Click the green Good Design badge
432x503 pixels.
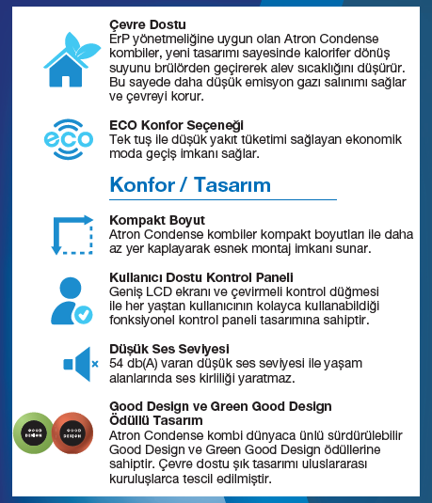pos(34,434)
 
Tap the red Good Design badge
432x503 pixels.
pos(72,434)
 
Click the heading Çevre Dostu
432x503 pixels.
pos(148,23)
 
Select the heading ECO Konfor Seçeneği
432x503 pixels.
pos(177,124)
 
